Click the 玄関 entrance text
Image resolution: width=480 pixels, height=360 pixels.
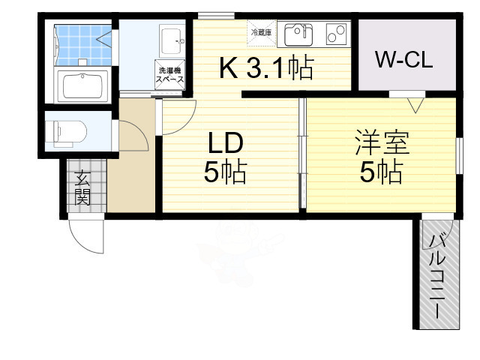pos(82,189)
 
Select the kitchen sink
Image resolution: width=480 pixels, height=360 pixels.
pos(299,34)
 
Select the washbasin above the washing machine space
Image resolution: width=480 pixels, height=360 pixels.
pos(172,37)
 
